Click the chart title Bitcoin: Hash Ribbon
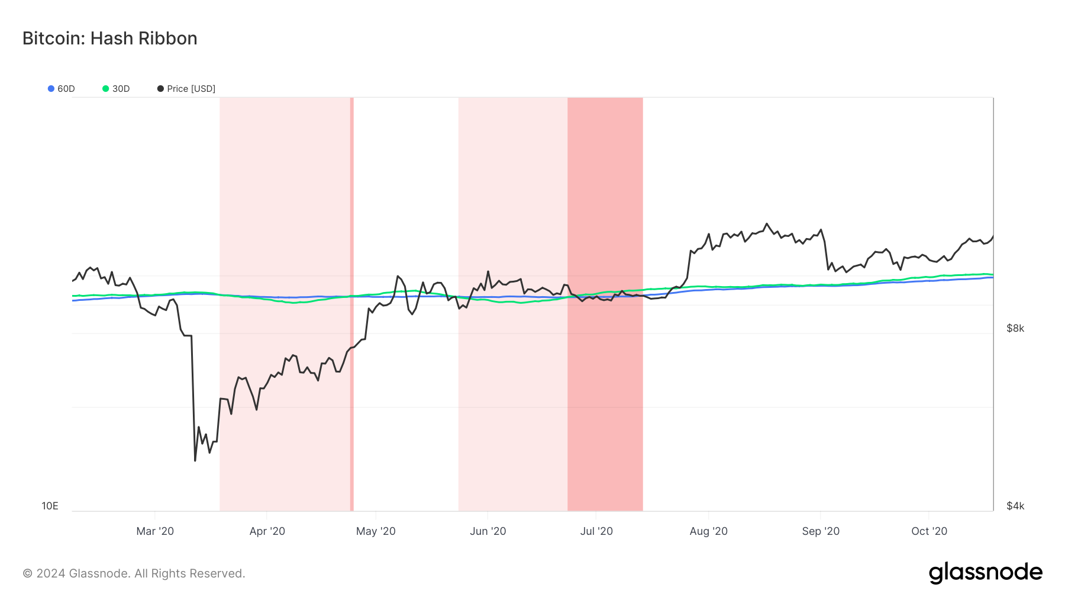pos(109,38)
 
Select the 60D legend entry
pos(62,89)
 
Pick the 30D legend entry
pos(116,89)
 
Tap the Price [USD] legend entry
pos(186,89)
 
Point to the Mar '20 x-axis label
pos(155,531)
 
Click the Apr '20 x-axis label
pos(267,531)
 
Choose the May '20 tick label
pos(376,531)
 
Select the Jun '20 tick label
pos(488,531)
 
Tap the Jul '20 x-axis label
pos(596,531)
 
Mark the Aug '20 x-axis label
pos(708,531)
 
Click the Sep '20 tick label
pos(821,531)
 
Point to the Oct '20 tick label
pos(929,531)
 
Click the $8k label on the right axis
pos(1015,328)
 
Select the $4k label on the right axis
pos(1015,506)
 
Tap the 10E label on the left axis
pos(50,506)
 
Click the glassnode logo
pos(985,573)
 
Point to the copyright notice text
pos(134,573)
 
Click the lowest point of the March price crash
pos(195,460)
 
